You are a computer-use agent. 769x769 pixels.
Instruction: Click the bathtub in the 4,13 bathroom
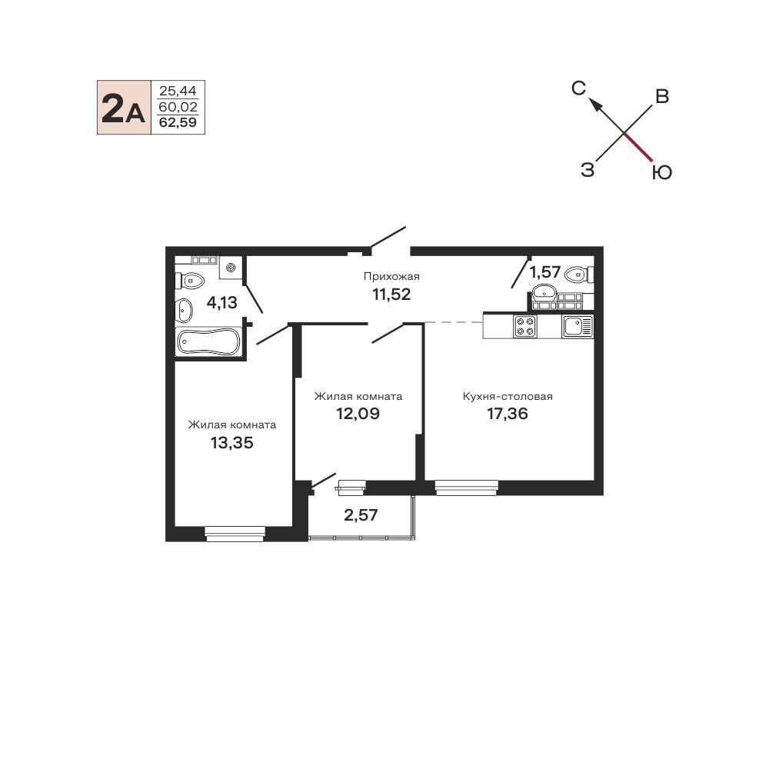(208, 341)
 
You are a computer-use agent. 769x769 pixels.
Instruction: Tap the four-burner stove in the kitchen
(524, 326)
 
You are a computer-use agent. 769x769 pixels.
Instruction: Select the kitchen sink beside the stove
(578, 326)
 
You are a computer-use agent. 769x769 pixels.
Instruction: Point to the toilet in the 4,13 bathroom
(189, 281)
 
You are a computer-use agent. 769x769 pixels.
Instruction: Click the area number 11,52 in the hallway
(391, 295)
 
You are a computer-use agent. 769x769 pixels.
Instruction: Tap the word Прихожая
(391, 276)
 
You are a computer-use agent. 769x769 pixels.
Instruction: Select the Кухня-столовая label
(508, 396)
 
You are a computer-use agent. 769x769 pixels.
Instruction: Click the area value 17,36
(508, 414)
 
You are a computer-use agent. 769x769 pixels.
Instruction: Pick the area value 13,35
(232, 443)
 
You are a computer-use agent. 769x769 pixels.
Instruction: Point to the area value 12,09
(358, 414)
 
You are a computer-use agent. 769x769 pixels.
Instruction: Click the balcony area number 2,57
(361, 515)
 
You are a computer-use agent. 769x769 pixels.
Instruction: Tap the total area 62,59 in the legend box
(178, 122)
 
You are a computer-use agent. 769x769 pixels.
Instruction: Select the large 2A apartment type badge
(123, 108)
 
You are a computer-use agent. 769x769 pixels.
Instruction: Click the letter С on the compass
(579, 88)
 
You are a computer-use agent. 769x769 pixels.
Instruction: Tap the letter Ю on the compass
(662, 172)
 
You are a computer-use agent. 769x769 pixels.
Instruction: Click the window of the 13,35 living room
(235, 534)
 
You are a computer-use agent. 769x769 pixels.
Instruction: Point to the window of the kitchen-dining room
(467, 488)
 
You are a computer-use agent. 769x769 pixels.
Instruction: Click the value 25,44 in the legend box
(178, 91)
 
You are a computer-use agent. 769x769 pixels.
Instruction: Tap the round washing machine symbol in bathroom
(231, 268)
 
